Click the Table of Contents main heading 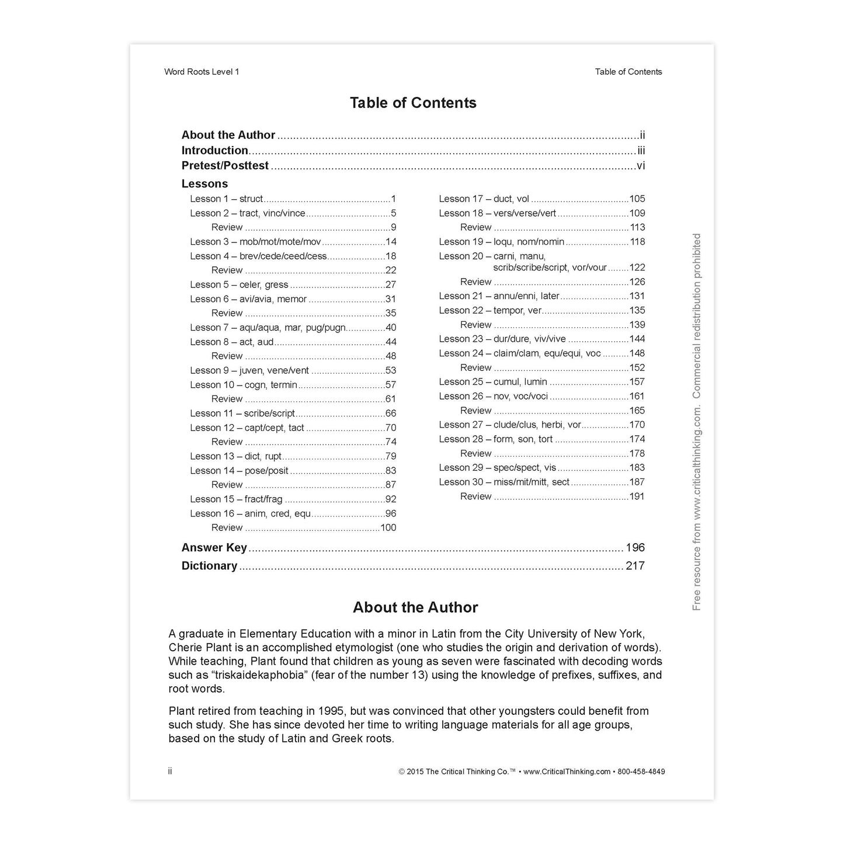[413, 103]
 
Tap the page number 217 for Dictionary [635, 565]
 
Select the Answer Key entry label [214, 548]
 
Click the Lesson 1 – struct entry [227, 199]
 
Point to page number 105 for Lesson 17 [637, 199]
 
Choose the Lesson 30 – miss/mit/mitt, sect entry [504, 482]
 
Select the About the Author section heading [415, 607]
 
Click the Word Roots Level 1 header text [202, 72]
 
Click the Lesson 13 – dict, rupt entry [235, 456]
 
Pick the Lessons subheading [204, 183]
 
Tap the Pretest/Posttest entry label [225, 166]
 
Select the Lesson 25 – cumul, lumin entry [493, 382]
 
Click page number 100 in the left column [388, 527]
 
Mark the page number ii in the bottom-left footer [170, 772]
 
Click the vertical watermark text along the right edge [696, 422]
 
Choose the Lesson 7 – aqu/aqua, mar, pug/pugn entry [268, 328]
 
